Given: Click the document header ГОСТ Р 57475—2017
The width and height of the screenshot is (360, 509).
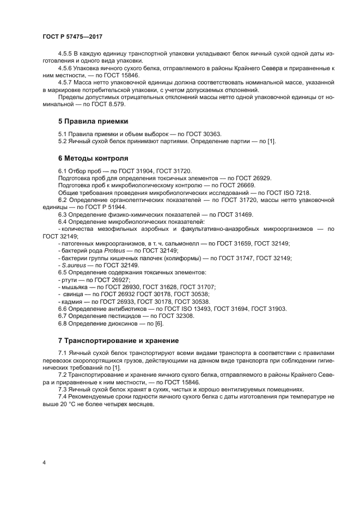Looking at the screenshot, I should click(x=72, y=36).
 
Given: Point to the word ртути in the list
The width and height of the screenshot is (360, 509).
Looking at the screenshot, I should click(x=69, y=279).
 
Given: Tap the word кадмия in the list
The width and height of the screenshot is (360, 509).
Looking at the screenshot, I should click(x=71, y=301).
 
